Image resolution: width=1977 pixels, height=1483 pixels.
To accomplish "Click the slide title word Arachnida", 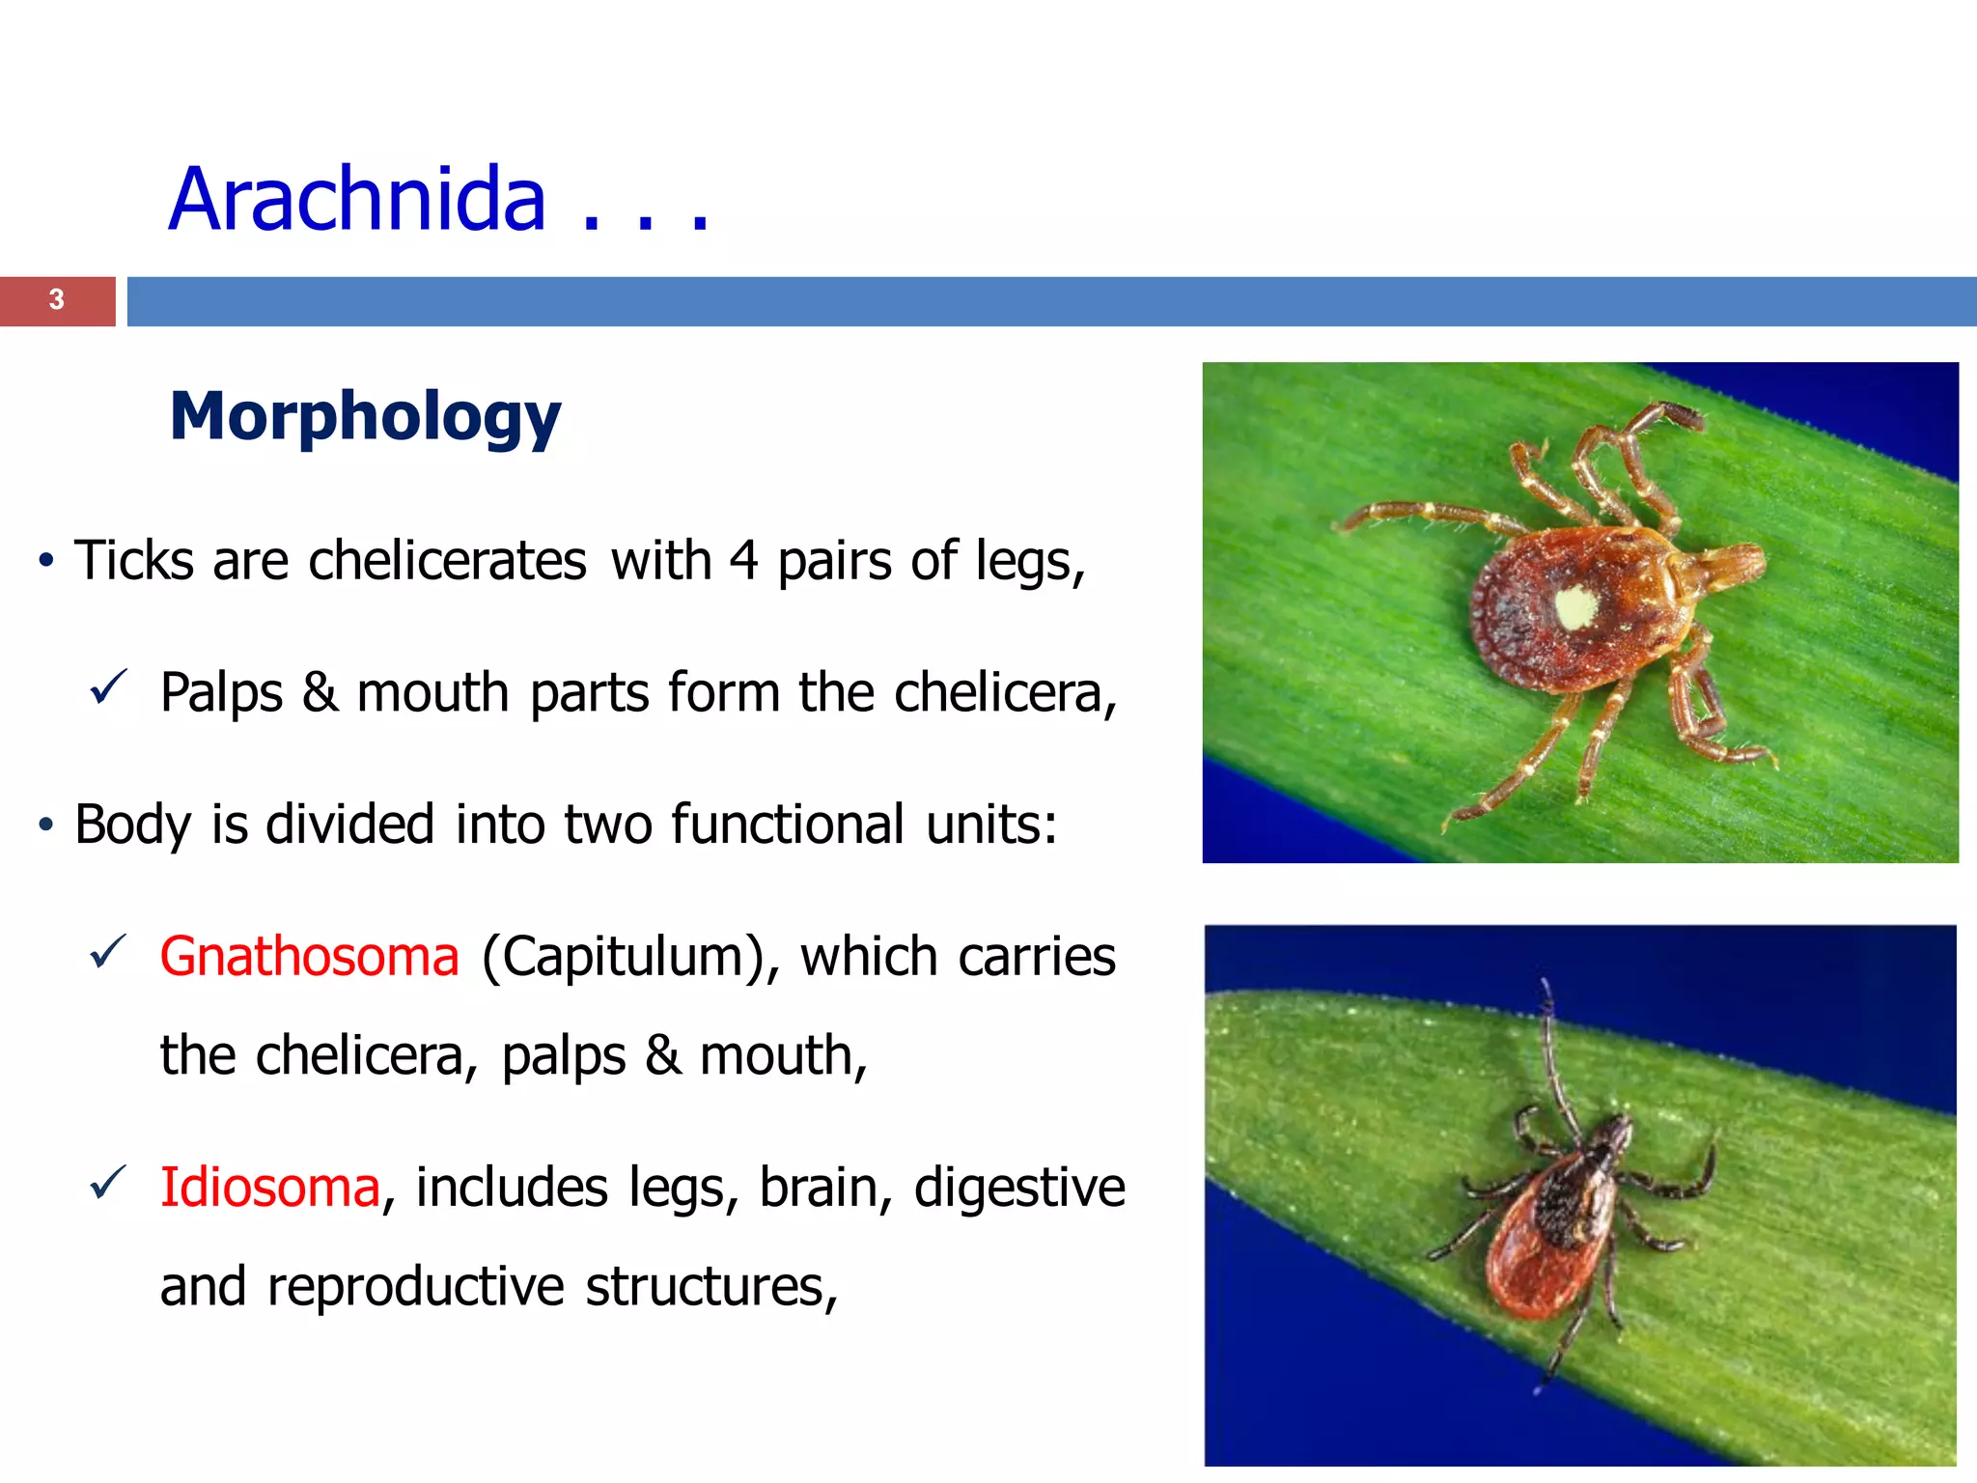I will point(357,200).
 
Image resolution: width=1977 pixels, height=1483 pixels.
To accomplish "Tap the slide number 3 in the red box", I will point(57,299).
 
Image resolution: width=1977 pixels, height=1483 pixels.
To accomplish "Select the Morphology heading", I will point(365,416).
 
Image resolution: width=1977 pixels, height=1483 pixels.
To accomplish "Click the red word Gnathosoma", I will point(309,957).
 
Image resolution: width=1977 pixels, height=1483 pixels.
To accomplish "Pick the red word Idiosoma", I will point(269,1187).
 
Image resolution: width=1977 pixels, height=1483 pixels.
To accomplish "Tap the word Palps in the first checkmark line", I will point(222,692).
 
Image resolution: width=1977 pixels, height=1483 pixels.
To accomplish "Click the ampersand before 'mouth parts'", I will point(320,692).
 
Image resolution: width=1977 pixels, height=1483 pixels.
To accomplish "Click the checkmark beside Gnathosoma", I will point(107,952).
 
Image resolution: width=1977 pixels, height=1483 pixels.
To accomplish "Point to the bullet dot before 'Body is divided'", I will point(45,825).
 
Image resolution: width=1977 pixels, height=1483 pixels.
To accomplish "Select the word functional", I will point(788,825).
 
